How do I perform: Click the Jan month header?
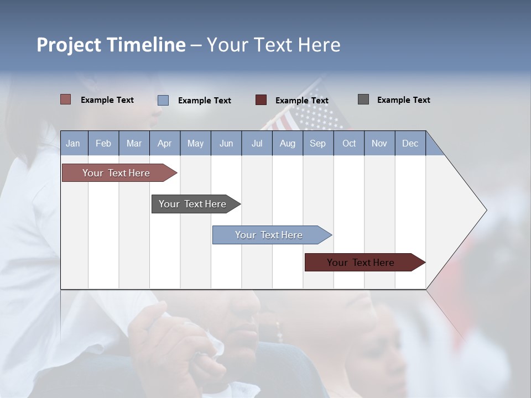coord(73,143)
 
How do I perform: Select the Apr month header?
coord(164,143)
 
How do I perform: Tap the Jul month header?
coord(257,143)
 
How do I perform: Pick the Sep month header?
coord(317,143)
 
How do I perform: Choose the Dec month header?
coord(410,143)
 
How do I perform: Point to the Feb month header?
coord(103,143)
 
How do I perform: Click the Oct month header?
coord(349,143)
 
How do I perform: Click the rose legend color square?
coord(65,99)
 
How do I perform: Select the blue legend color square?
coord(163,100)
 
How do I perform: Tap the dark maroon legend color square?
coord(261,100)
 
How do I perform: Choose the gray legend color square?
coord(363,99)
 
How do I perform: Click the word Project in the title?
coord(68,45)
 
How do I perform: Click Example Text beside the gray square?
coord(403,100)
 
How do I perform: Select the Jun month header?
coord(226,143)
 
